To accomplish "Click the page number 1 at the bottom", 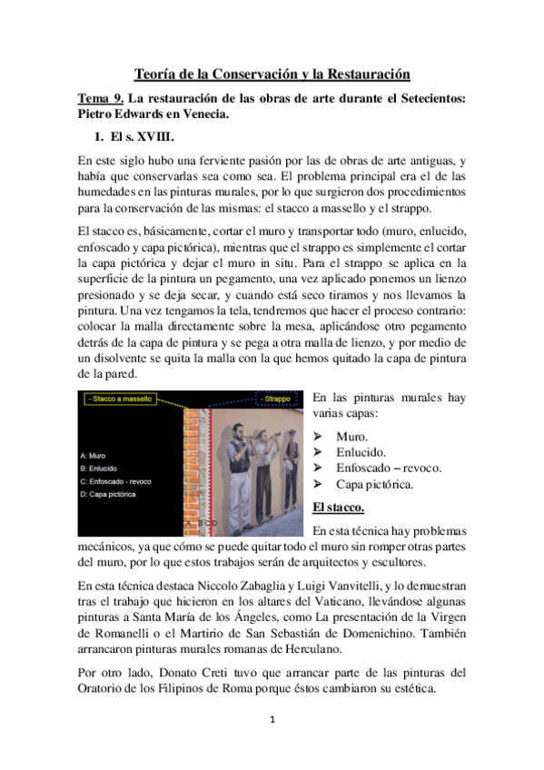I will pyautogui.click(x=272, y=743).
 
